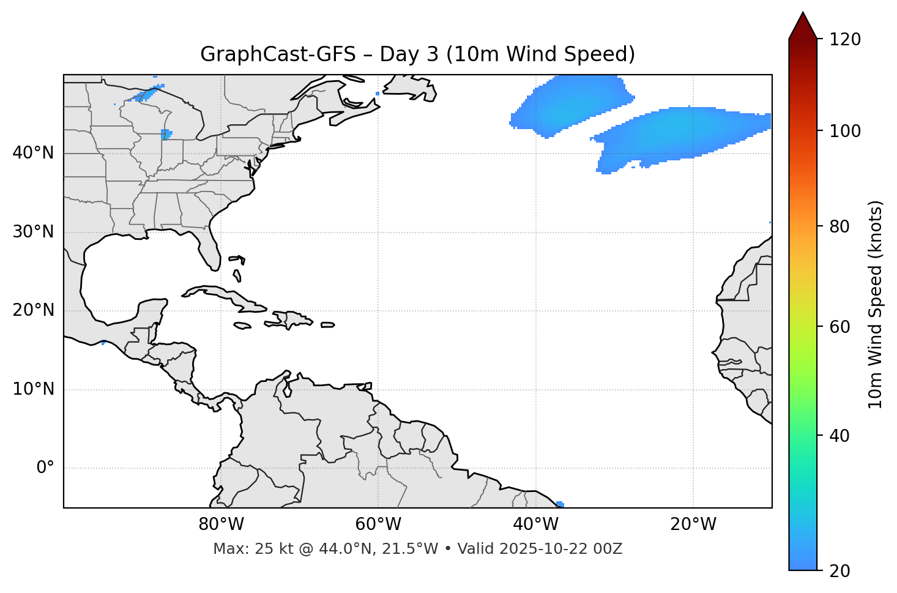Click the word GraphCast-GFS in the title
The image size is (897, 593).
(278, 54)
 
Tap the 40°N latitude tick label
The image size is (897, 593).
(33, 153)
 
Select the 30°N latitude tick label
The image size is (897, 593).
(33, 232)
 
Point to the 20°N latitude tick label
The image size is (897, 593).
(33, 310)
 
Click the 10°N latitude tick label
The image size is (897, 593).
(33, 389)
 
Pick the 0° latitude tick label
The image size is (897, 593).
(45, 468)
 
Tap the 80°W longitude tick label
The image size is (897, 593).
(221, 524)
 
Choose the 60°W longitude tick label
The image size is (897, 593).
(378, 524)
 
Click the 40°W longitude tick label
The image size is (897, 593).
(535, 524)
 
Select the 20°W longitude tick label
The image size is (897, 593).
(693, 524)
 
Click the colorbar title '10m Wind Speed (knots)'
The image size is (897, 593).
(876, 304)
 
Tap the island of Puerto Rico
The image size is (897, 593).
(327, 325)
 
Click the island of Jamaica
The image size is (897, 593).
(242, 326)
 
